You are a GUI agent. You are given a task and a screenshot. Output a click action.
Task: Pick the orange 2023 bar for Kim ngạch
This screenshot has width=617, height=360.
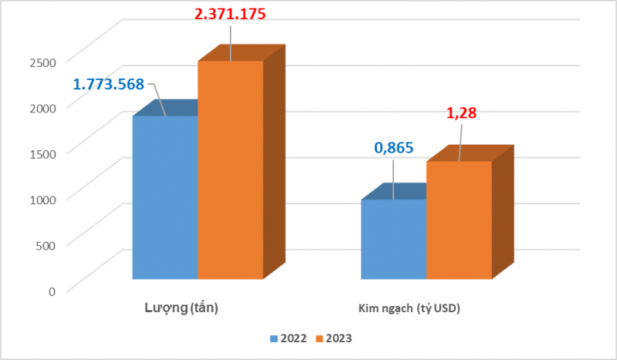[x=458, y=220]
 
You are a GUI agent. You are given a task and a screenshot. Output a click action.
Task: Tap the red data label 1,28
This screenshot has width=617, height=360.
[x=461, y=113]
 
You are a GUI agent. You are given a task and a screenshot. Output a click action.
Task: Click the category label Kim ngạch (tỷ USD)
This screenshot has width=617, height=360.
[x=409, y=309]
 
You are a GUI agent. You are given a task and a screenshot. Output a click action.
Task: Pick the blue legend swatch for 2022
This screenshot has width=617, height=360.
[x=273, y=338]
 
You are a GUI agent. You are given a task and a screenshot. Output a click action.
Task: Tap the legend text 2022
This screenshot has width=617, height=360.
[x=294, y=338]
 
